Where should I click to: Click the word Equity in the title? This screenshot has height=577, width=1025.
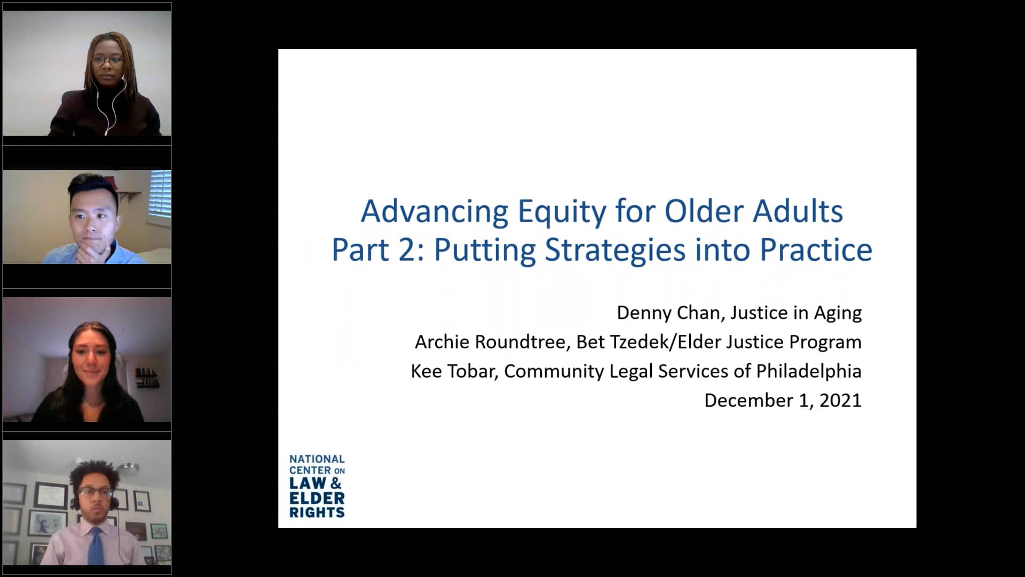click(x=562, y=212)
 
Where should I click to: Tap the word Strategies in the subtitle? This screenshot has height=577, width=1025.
click(x=615, y=249)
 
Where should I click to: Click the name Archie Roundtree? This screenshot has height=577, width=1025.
click(x=490, y=342)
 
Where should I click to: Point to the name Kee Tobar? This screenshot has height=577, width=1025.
click(x=453, y=371)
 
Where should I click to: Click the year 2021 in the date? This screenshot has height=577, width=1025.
click(x=840, y=401)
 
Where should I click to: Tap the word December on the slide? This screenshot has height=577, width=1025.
click(x=748, y=401)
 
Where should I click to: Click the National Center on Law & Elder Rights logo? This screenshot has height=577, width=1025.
click(x=317, y=486)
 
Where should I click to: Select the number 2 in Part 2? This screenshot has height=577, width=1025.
click(x=407, y=250)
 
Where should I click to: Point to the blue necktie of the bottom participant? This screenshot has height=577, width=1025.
click(x=96, y=547)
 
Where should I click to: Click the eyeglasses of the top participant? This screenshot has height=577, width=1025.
click(x=107, y=60)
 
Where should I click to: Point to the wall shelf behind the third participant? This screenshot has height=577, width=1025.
click(x=147, y=378)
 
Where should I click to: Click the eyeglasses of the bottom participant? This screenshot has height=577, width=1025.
click(x=94, y=492)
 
